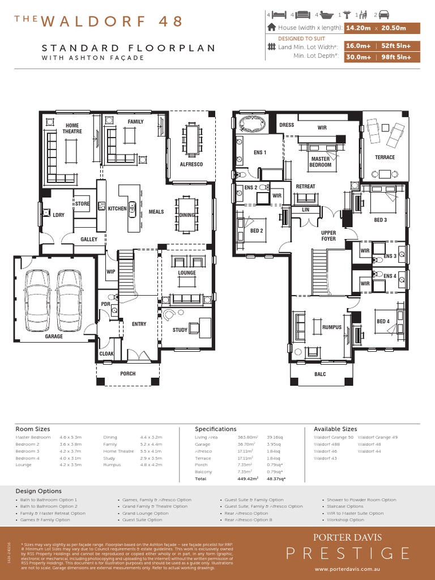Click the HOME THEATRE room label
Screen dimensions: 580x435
pos(72,128)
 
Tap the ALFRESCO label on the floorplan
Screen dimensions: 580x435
pos(191,164)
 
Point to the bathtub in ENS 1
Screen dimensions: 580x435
pos(253,124)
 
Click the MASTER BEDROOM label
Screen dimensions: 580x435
pos(320,162)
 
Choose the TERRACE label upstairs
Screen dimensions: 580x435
pos(385,157)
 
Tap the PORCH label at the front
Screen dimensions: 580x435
pos(128,374)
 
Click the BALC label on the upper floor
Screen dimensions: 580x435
pos(320,374)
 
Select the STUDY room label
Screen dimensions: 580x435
pos(180,330)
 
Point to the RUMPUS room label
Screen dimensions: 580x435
pos(332,327)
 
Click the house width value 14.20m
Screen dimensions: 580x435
pos(358,28)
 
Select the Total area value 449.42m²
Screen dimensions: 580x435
pos(248,479)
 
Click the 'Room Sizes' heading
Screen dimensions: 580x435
pos(32,429)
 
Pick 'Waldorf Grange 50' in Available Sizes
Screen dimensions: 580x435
pos(334,437)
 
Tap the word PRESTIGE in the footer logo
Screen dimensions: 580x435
pos(348,553)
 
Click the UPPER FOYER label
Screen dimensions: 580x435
pos(329,236)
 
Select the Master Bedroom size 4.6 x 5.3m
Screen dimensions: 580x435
pos(71,437)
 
